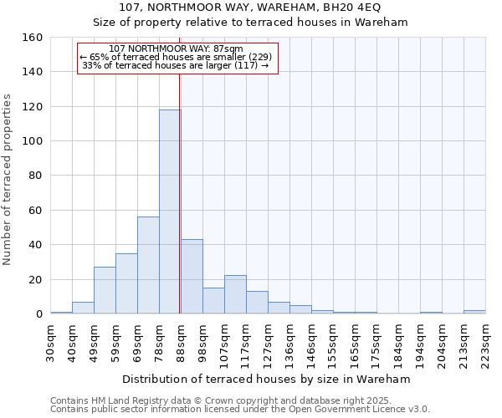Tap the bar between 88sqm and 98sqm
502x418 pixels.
[192, 276]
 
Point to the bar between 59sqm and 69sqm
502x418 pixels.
[126, 283]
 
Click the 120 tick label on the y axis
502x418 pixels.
[31, 107]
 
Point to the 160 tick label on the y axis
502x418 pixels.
[31, 38]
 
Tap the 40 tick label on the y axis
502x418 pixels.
[34, 245]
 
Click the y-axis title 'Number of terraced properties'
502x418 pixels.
[8, 180]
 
